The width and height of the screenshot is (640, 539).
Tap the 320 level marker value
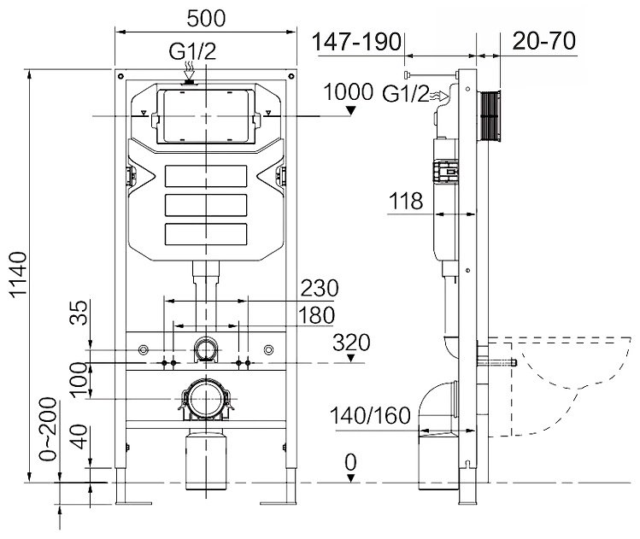point(352,343)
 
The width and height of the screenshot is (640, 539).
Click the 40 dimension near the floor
point(79,442)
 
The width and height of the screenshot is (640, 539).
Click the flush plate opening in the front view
point(205,114)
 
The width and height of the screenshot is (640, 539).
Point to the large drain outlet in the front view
point(205,398)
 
